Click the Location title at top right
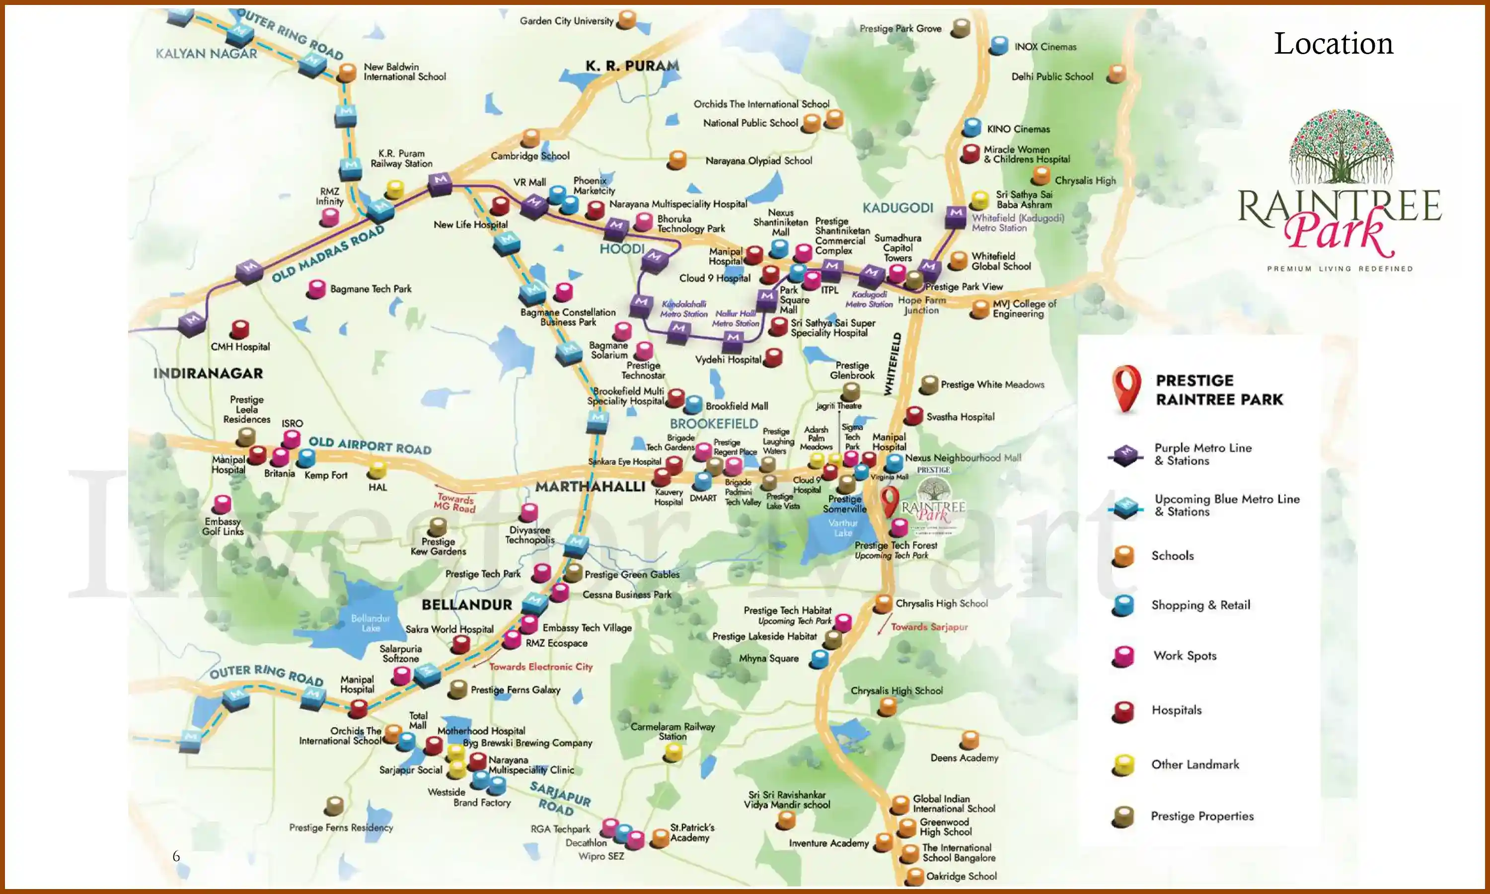(x=1333, y=43)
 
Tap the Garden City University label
(x=566, y=21)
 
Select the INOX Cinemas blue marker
(x=999, y=46)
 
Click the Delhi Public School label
(x=1051, y=76)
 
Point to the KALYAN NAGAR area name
(x=206, y=54)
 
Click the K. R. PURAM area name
(x=632, y=66)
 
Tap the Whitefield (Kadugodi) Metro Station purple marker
(x=955, y=216)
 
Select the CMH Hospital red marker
(x=240, y=329)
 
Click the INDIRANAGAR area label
(x=208, y=373)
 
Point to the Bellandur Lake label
(x=371, y=623)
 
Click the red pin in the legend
(x=1125, y=388)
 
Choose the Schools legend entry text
(x=1172, y=555)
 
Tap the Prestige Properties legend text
(x=1201, y=817)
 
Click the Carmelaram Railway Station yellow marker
(x=672, y=752)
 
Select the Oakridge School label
(x=961, y=876)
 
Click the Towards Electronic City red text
(x=540, y=667)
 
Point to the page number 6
(x=176, y=856)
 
